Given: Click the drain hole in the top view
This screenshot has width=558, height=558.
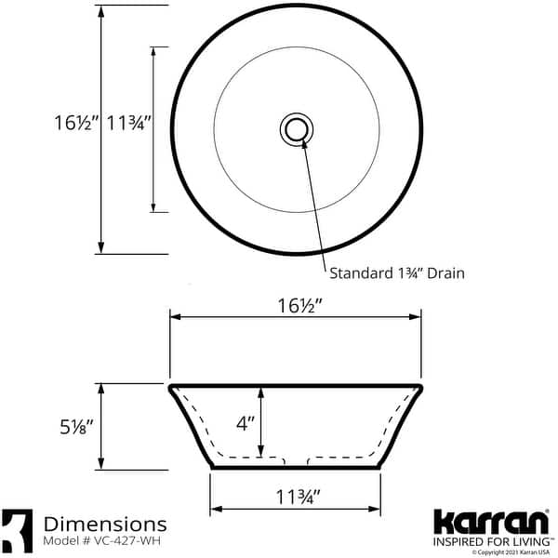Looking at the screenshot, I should pyautogui.click(x=297, y=128).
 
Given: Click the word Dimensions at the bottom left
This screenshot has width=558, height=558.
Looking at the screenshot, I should pyautogui.click(x=105, y=525).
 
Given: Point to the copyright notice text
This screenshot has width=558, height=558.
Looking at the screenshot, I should pyautogui.click(x=508, y=552).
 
